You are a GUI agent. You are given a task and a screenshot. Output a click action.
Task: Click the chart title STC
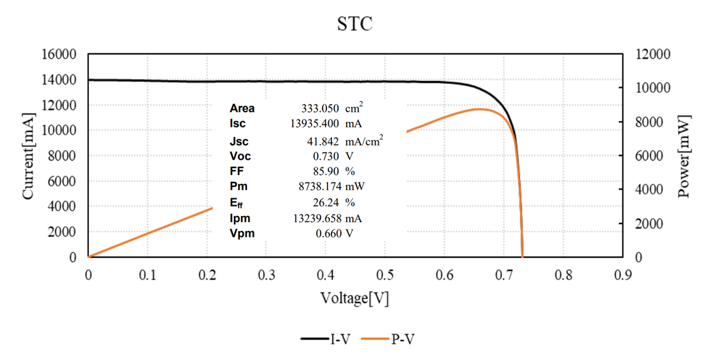(354, 25)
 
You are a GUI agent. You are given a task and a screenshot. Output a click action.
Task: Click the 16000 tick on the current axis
(59, 54)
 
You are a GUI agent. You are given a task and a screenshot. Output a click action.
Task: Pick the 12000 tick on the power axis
(648, 54)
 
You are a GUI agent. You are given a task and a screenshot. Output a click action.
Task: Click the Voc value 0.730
(328, 156)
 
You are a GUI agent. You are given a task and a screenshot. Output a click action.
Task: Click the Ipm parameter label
(240, 218)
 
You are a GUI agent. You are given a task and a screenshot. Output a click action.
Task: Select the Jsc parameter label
(240, 141)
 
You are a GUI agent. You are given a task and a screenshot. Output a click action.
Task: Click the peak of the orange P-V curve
(479, 109)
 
